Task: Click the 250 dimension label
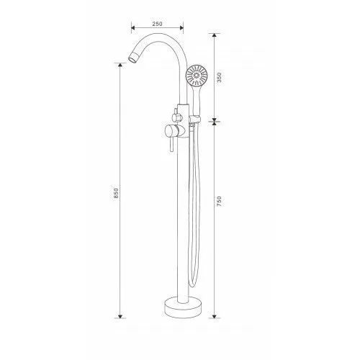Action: tap(157, 24)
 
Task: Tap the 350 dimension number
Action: tap(220, 77)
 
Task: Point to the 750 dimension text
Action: tap(219, 202)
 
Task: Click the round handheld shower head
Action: tap(197, 75)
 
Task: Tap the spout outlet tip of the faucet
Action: tap(132, 58)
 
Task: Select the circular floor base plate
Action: tap(183, 307)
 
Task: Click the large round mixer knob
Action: tap(172, 132)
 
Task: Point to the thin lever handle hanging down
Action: tap(171, 145)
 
